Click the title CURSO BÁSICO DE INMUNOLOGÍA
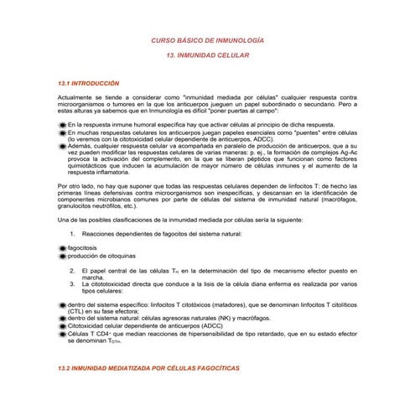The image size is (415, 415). [x=206, y=40]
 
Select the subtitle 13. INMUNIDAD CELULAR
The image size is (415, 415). [x=206, y=57]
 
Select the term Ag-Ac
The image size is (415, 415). [x=353, y=147]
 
